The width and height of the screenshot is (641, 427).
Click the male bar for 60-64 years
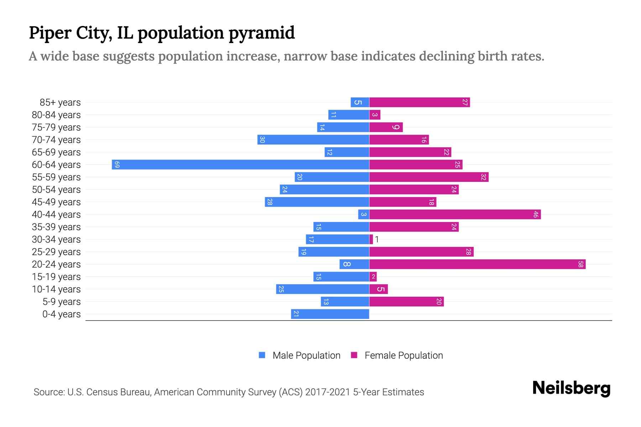(240, 165)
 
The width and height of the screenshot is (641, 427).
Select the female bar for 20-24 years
(477, 264)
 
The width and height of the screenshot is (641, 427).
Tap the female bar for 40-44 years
(455, 215)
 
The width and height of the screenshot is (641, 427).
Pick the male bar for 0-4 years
(330, 314)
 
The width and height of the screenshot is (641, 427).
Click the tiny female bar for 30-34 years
(371, 239)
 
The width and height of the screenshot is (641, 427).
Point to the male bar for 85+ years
(360, 102)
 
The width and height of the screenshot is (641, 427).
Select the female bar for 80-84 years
(375, 115)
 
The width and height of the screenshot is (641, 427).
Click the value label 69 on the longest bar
(117, 165)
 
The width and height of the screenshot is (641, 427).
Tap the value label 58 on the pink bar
(580, 264)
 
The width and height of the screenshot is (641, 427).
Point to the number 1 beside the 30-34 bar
(377, 239)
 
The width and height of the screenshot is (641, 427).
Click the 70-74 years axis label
(56, 140)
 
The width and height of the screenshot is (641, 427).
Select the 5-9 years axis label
(61, 302)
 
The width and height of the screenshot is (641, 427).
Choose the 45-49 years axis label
(56, 202)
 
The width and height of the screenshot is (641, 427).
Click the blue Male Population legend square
(262, 355)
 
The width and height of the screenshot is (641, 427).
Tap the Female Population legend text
(403, 355)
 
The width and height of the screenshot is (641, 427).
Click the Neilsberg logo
(571, 388)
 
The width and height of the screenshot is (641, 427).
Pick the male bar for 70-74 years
(313, 140)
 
